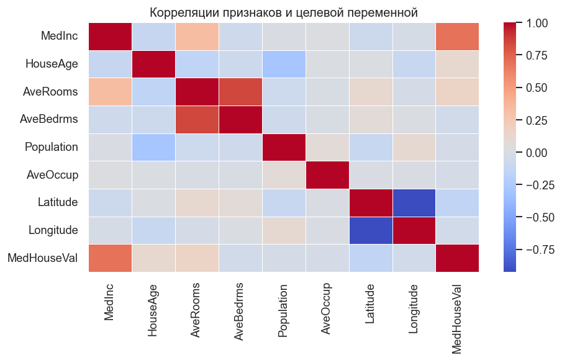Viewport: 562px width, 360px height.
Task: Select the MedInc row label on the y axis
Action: [60, 37]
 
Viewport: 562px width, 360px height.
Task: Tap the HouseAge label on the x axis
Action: [153, 308]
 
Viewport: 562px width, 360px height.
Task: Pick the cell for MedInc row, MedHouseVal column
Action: [458, 37]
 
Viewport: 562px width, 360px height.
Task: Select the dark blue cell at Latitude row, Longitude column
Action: [414, 202]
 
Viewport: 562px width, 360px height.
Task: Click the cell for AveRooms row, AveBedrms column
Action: [240, 92]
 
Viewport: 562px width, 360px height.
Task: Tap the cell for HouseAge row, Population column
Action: [284, 65]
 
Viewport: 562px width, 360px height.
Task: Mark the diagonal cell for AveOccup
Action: [327, 175]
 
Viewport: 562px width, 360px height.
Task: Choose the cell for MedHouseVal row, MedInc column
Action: [110, 258]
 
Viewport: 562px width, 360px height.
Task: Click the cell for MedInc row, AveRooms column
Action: [197, 37]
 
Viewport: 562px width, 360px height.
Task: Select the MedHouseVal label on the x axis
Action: [458, 317]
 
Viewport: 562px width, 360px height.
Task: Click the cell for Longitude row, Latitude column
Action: [371, 230]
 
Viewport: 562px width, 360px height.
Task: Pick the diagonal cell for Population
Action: [284, 147]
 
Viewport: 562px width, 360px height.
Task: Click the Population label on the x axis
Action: [284, 311]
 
